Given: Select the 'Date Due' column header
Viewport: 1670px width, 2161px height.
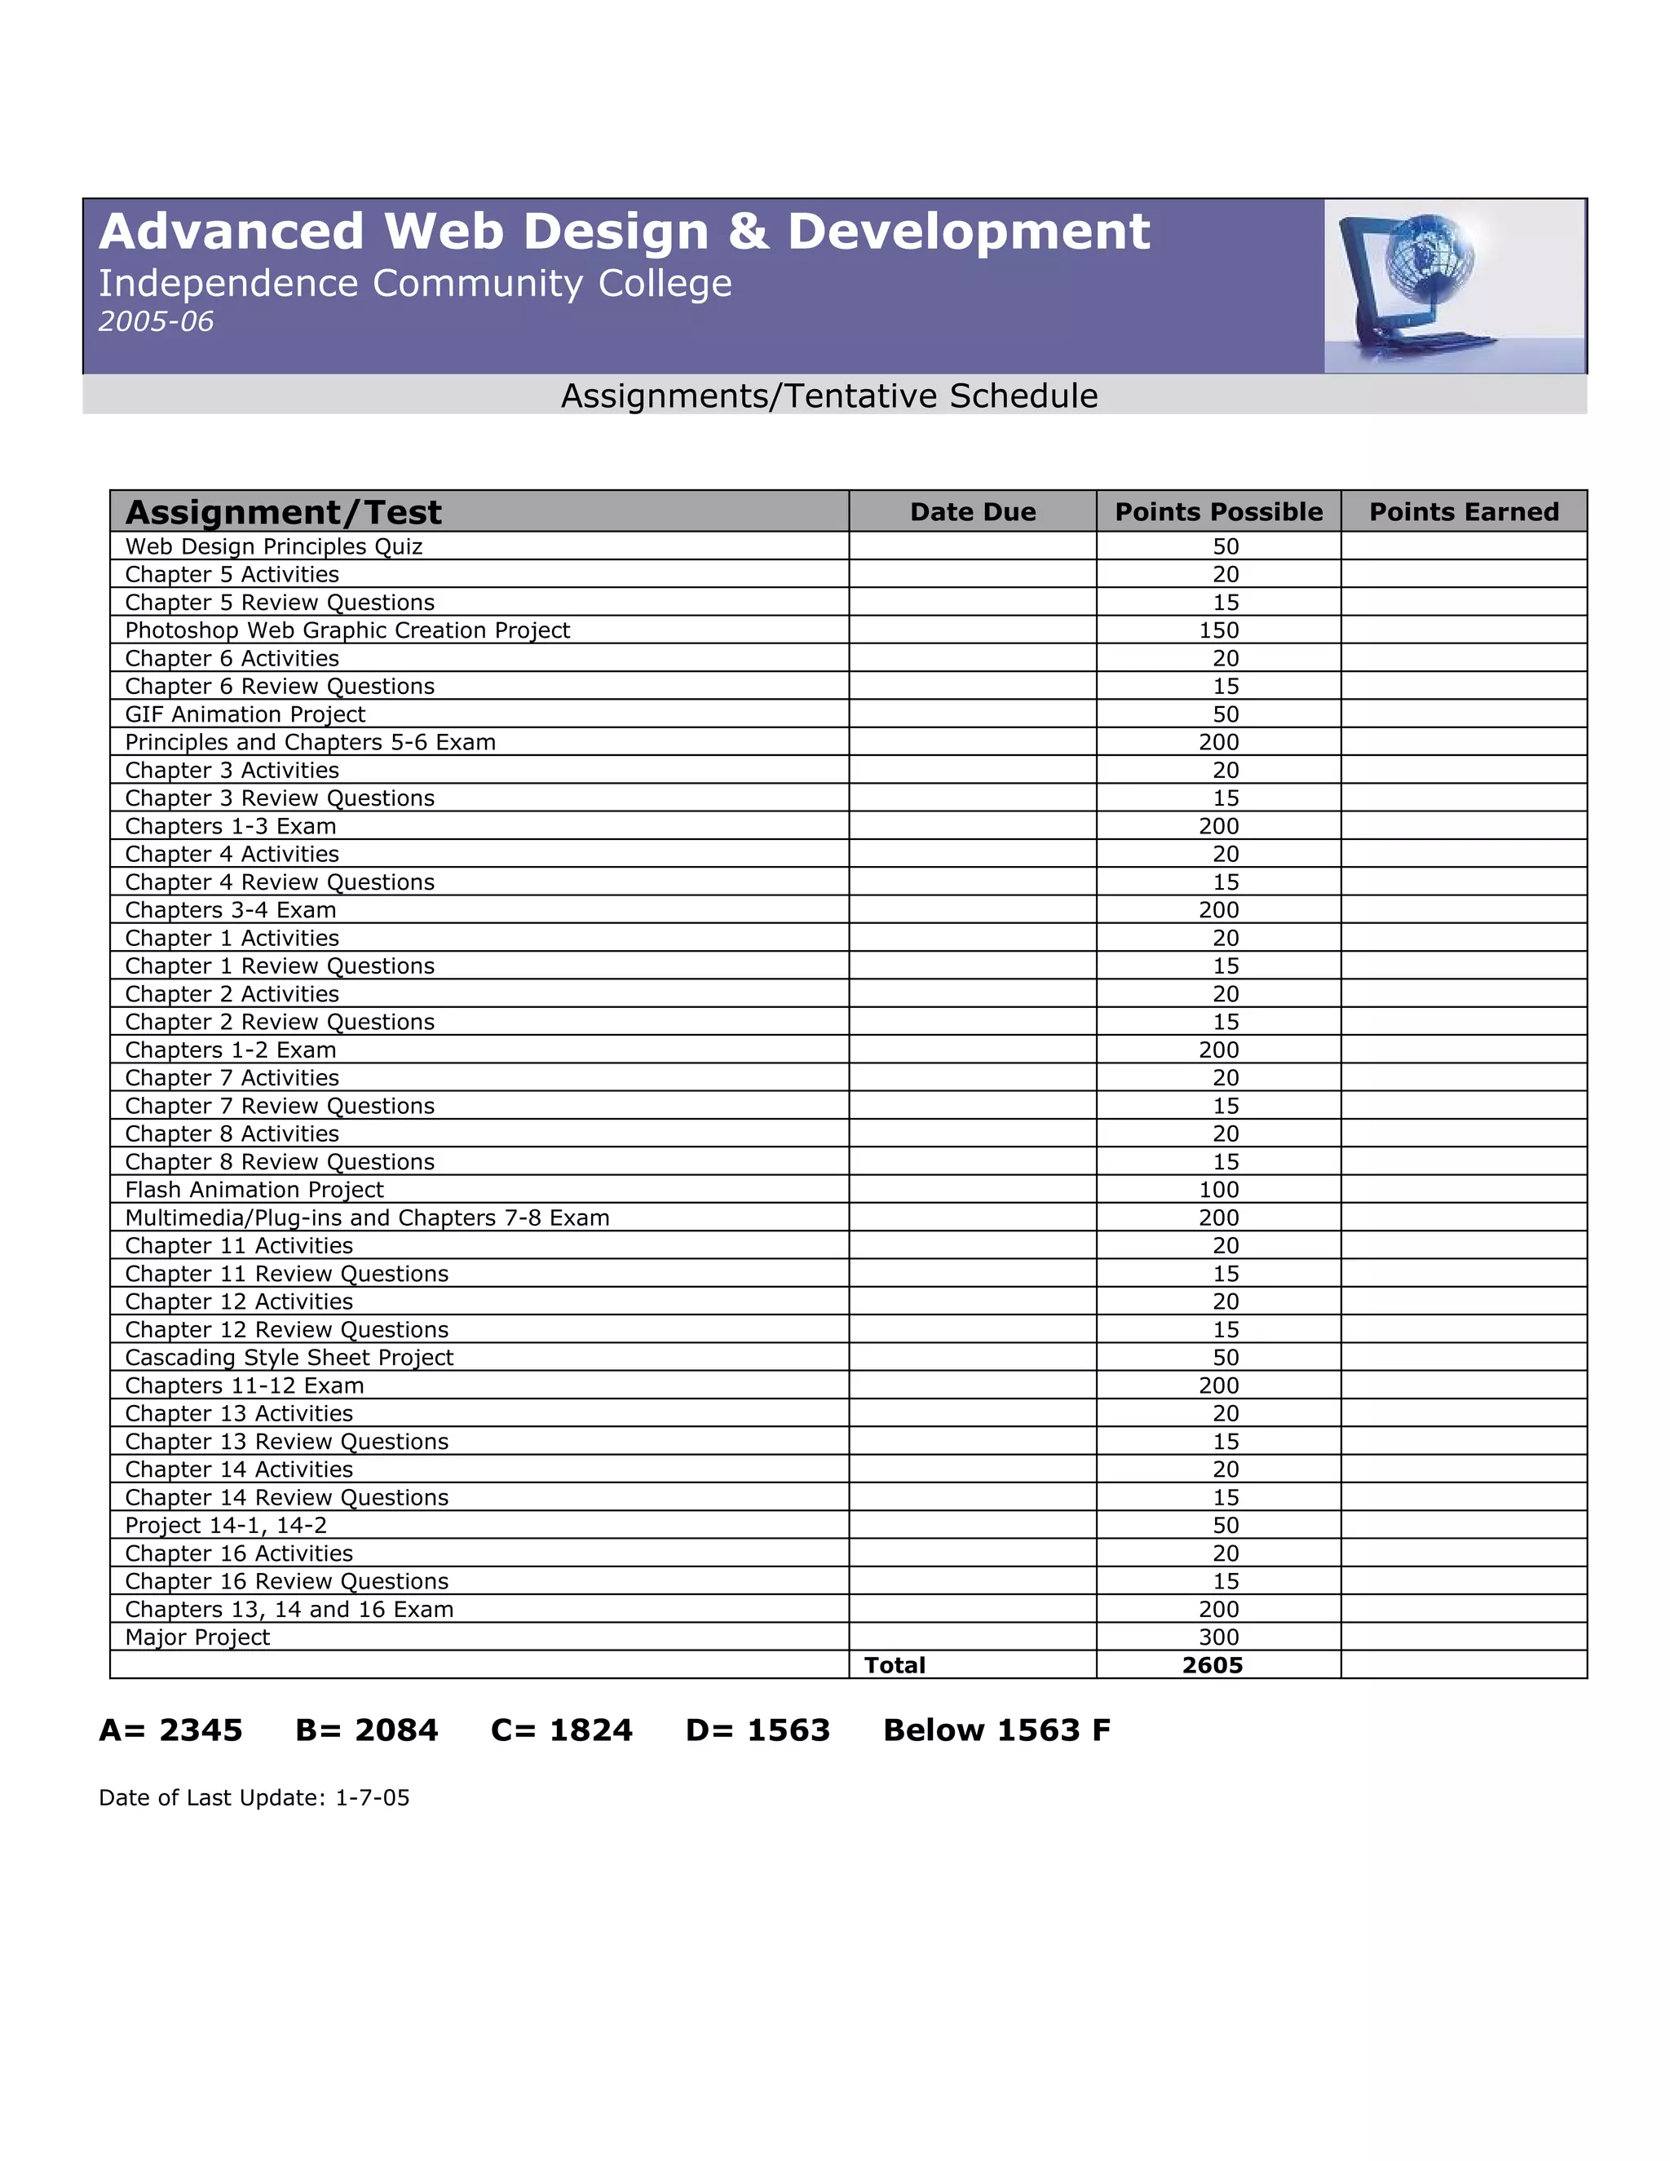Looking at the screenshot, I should pos(973,511).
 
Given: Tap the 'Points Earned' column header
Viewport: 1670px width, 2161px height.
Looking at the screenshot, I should pos(1463,511).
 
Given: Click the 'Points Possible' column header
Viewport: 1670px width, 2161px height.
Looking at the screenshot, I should pos(1218,511).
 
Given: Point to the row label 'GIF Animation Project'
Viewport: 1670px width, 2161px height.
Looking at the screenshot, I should pos(245,714).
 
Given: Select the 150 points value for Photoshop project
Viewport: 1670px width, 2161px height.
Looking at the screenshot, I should pos(1218,630).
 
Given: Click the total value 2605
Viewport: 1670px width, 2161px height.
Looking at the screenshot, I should pos(1212,1665).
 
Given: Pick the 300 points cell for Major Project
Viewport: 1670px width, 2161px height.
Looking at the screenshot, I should pos(1218,1637).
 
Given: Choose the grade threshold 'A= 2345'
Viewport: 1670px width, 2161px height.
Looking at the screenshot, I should pos(171,1730).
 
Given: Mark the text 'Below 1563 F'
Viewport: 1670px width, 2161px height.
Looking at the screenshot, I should pos(996,1730).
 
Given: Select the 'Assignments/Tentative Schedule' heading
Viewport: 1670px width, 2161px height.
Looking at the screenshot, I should pos(829,396).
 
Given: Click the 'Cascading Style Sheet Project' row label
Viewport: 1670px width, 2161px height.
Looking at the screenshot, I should pos(289,1358).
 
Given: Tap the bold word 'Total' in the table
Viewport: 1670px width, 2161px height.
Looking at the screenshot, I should pos(895,1665).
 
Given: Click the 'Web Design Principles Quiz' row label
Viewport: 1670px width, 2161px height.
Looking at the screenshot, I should pos(274,546).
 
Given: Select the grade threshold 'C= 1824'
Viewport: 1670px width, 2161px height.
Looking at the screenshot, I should pos(561,1730).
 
